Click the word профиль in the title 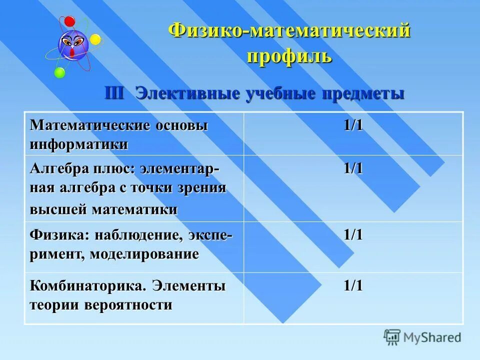point(289,55)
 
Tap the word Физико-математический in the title point(289,31)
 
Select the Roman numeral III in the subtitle point(115,93)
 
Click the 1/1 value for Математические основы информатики point(352,125)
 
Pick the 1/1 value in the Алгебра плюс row point(352,168)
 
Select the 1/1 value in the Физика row point(352,235)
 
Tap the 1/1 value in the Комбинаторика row point(352,286)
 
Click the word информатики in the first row point(79,144)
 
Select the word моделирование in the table point(144,253)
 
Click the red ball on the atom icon point(69,21)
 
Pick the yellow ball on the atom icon point(95,39)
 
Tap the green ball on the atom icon point(59,73)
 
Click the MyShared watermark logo point(422,337)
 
